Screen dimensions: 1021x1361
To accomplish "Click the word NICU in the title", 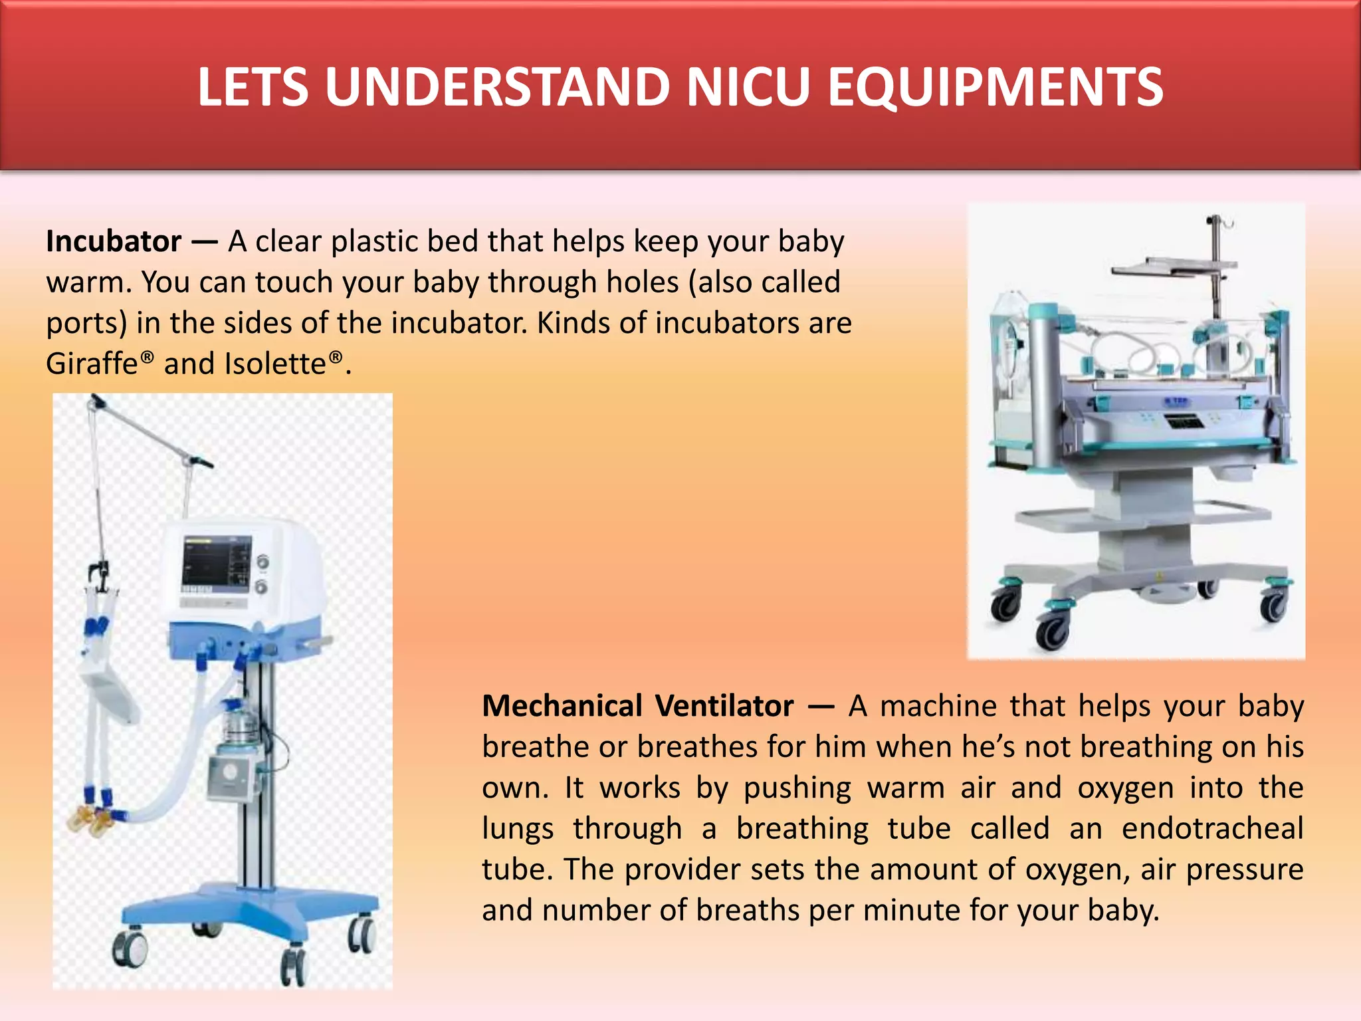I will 748,87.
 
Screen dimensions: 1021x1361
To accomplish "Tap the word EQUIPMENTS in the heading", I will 995,87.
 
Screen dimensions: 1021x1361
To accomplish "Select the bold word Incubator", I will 114,241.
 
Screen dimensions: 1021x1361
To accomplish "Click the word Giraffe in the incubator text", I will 92,364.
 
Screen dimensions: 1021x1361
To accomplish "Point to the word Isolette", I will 275,364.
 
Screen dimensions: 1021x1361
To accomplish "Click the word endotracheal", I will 1212,829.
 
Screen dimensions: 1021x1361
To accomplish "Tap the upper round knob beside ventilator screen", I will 262,562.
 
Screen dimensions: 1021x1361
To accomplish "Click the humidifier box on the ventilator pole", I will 230,775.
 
